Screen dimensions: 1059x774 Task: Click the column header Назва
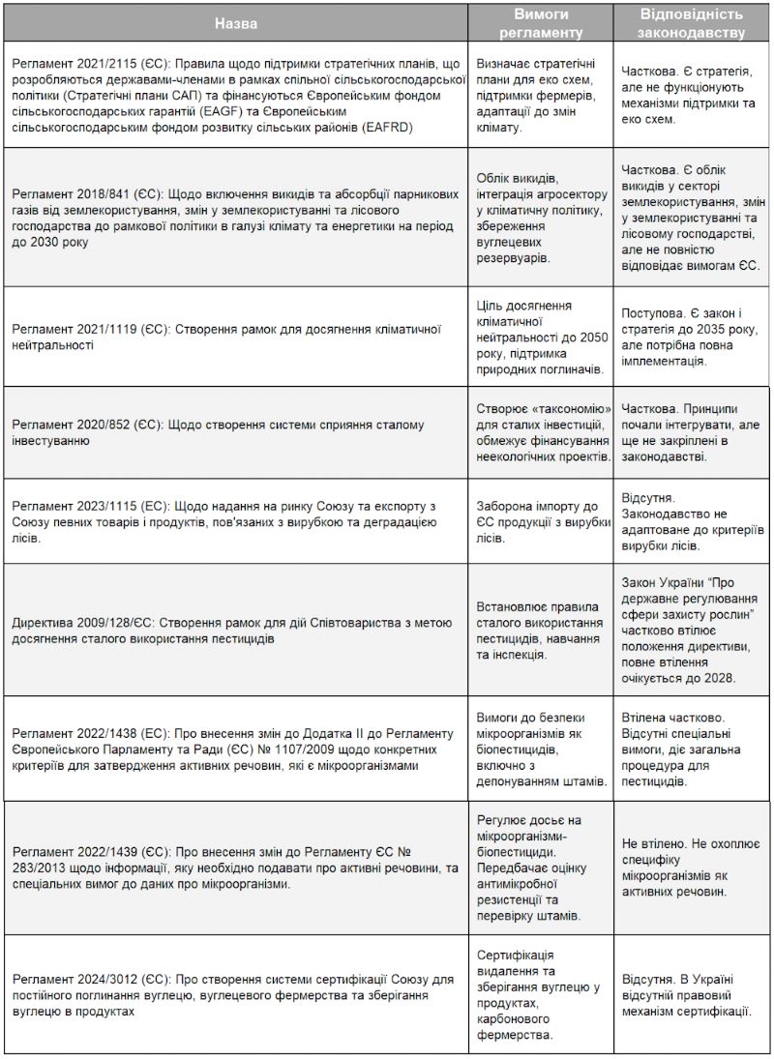(x=236, y=22)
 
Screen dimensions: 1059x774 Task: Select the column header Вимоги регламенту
(x=541, y=22)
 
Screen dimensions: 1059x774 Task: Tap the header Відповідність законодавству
(x=692, y=22)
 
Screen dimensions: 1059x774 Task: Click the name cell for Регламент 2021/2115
(x=236, y=95)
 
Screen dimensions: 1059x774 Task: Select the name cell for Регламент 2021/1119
(x=236, y=337)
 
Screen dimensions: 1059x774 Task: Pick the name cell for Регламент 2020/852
(x=236, y=432)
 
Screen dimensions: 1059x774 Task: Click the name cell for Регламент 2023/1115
(x=236, y=521)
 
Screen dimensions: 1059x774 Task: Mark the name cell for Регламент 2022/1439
(x=236, y=868)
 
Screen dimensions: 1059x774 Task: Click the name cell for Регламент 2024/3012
(x=236, y=994)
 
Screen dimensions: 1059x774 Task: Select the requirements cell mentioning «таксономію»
(x=541, y=432)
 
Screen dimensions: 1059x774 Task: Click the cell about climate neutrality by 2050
(x=541, y=337)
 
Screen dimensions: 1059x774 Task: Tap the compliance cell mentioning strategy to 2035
(x=692, y=337)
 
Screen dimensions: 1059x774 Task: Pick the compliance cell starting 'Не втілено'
(x=692, y=868)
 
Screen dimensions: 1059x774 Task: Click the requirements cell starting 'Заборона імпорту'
(x=541, y=521)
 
